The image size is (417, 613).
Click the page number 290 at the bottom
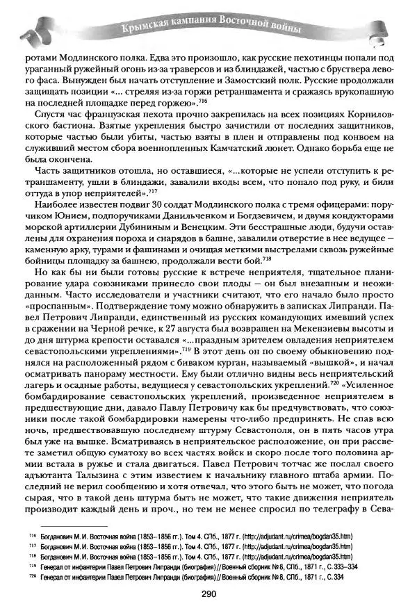[209, 594]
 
